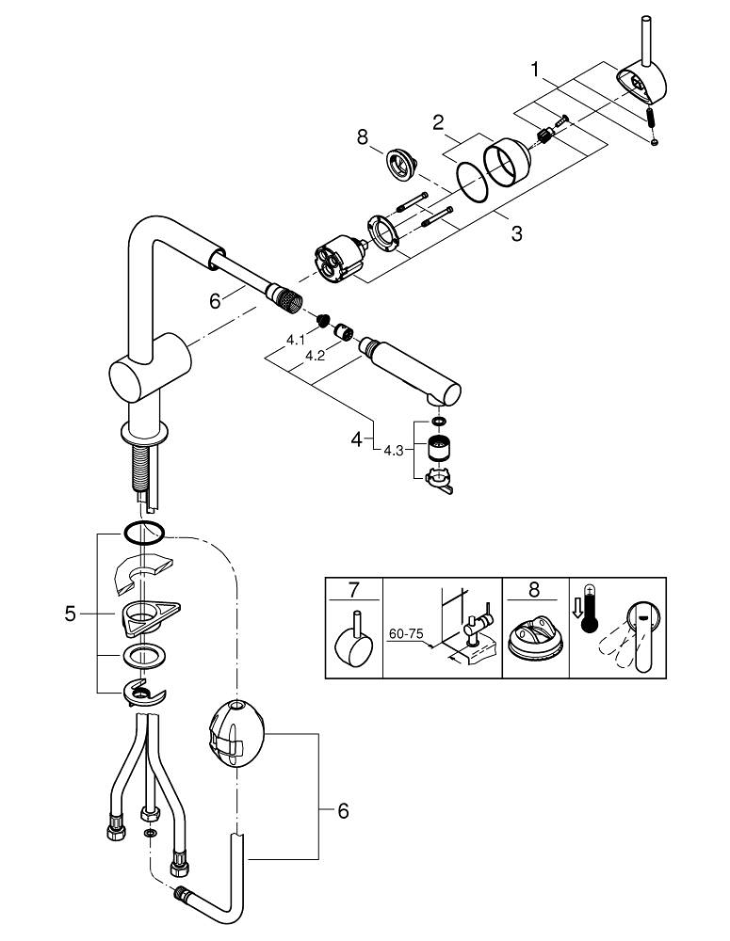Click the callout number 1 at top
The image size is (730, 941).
click(x=534, y=69)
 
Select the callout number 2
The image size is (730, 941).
click(x=438, y=121)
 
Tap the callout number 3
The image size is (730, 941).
click(x=515, y=233)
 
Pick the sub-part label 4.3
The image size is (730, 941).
click(x=394, y=450)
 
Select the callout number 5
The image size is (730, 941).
click(x=70, y=614)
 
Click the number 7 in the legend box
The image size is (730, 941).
click(x=353, y=591)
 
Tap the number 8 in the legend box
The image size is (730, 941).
click(x=534, y=591)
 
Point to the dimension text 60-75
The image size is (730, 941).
click(x=407, y=635)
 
